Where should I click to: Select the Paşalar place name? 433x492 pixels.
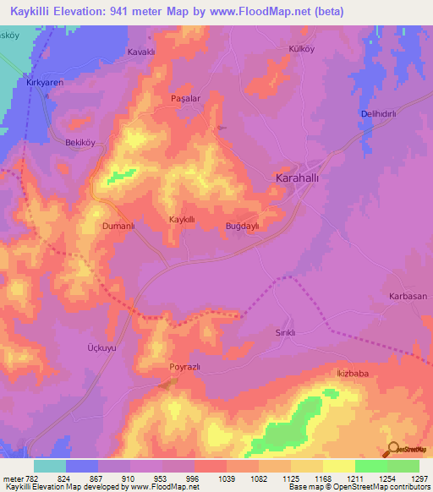185,98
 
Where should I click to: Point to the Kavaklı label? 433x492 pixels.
143,52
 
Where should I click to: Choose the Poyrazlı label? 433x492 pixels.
184,368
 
